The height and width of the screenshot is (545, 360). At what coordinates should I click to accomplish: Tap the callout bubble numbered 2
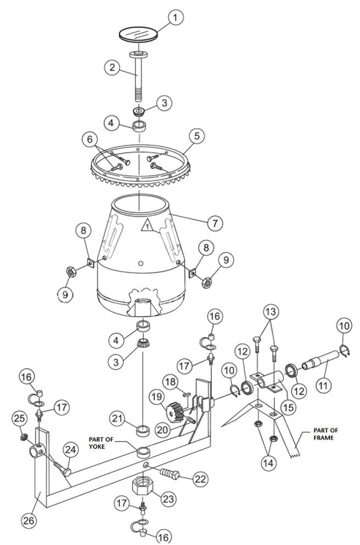[x=113, y=68]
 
